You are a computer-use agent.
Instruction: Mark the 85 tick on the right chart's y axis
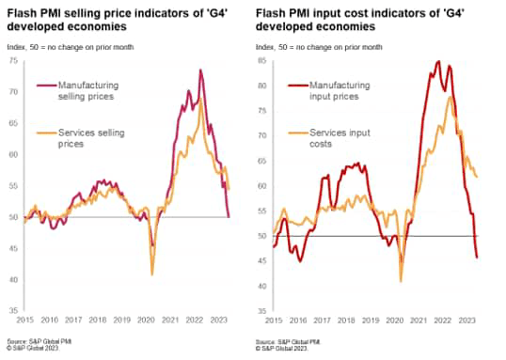[262, 62]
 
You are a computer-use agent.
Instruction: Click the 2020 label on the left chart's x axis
[147, 321]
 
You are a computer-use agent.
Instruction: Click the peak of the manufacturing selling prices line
[200, 70]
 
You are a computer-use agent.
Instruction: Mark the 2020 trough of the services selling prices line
[152, 274]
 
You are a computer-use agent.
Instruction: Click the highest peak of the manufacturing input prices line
[439, 62]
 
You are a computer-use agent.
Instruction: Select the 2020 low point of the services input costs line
[402, 281]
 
